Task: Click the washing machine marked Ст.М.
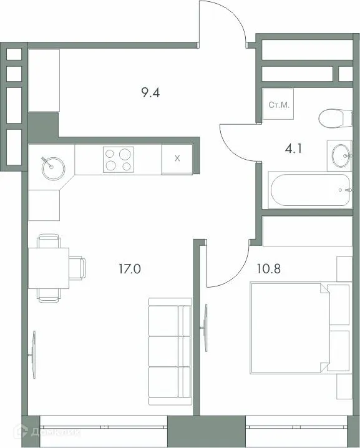278,105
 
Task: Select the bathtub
309,190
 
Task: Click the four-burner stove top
118,159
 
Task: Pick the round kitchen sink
52,165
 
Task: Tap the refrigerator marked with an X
177,159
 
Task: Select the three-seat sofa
169,353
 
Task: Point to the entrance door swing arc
221,22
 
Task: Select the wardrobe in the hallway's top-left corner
43,80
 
